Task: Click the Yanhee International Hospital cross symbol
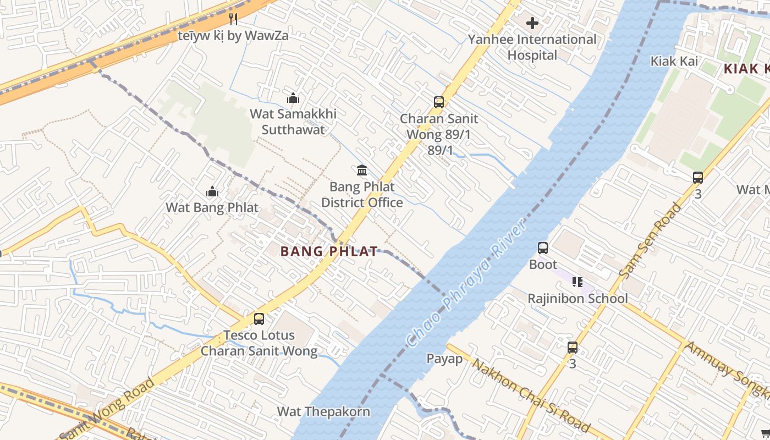[x=532, y=23]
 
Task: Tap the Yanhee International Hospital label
[x=532, y=47]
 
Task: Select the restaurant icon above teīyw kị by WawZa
[x=233, y=19]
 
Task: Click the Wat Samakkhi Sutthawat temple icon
[x=293, y=98]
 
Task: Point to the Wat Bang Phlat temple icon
[x=212, y=192]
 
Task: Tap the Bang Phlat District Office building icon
[x=362, y=170]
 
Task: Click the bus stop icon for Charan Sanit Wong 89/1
[x=438, y=102]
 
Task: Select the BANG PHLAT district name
[x=329, y=251]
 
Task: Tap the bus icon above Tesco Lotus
[x=258, y=318]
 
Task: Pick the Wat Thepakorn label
[x=323, y=411]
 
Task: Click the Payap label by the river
[x=445, y=359]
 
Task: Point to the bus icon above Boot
[x=543, y=248]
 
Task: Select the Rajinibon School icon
[x=577, y=282]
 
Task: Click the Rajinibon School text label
[x=577, y=299]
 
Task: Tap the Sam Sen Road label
[x=650, y=240]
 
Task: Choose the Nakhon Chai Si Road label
[x=531, y=396]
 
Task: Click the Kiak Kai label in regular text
[x=674, y=61]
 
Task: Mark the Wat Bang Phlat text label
[x=212, y=208]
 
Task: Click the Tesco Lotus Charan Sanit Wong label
[x=259, y=343]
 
